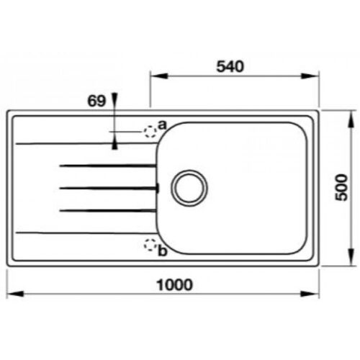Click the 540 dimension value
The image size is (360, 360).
click(233, 66)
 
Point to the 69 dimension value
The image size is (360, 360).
click(96, 101)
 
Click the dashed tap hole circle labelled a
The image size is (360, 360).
click(150, 131)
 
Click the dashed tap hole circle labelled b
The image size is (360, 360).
click(150, 245)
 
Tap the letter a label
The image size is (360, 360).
click(162, 125)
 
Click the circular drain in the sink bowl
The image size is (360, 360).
click(189, 187)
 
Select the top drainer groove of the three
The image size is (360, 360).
click(108, 166)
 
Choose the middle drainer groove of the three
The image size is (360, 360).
click(108, 188)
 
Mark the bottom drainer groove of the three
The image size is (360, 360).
click(108, 210)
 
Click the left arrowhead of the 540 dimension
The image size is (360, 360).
click(155, 76)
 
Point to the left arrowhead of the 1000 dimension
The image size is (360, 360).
click(12, 294)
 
